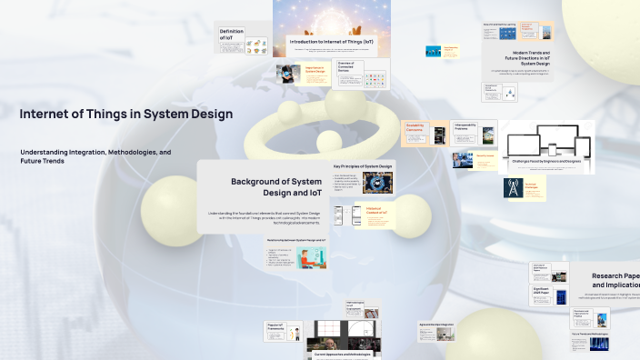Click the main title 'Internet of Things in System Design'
click(x=126, y=115)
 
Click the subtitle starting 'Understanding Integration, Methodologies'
click(x=95, y=155)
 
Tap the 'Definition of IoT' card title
click(x=231, y=35)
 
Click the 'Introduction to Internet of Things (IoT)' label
click(x=331, y=43)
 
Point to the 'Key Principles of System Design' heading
click(x=363, y=166)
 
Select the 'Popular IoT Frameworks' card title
click(x=275, y=325)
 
